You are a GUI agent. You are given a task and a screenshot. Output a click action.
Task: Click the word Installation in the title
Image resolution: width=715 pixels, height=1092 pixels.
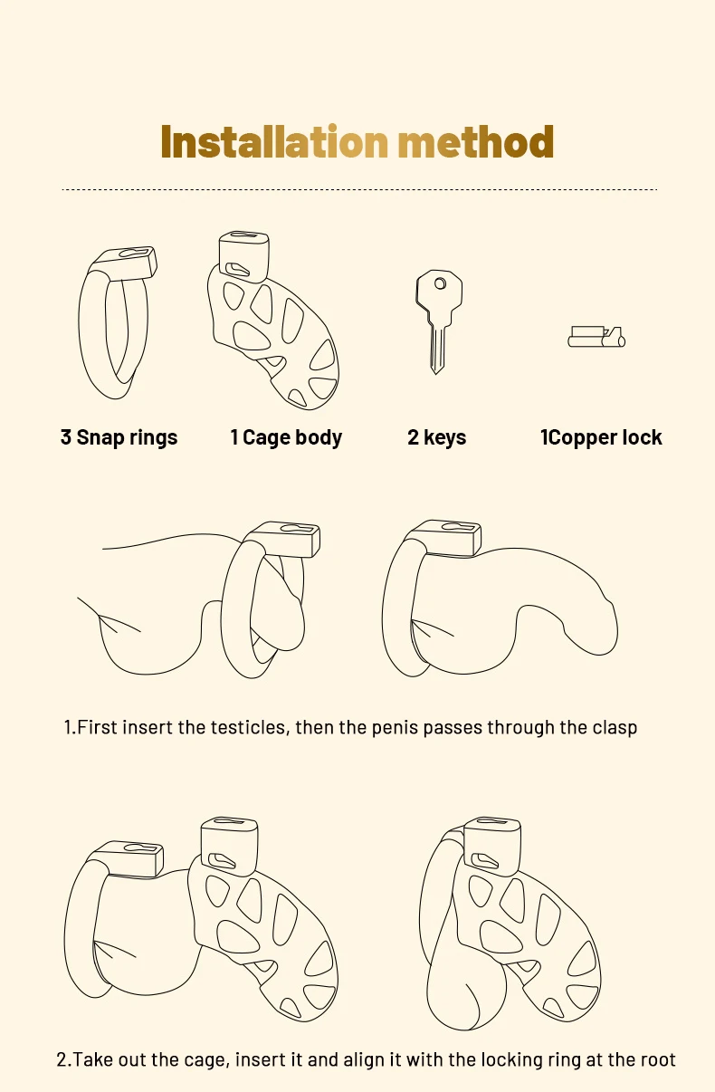(274, 141)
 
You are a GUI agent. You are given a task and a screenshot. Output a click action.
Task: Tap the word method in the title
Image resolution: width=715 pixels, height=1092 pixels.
(476, 141)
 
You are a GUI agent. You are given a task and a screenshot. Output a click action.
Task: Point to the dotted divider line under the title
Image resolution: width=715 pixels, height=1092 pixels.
(359, 189)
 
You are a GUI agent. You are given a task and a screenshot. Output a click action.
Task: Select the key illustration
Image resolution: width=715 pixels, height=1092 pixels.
(439, 321)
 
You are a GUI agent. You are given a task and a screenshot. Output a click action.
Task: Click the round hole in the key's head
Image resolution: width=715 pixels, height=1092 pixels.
(440, 283)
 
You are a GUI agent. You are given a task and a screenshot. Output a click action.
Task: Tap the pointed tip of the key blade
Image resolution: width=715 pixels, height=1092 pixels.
(437, 373)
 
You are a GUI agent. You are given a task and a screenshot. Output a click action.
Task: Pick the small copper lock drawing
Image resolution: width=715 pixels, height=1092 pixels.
(596, 337)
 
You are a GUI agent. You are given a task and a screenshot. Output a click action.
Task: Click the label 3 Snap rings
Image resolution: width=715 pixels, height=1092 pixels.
(119, 437)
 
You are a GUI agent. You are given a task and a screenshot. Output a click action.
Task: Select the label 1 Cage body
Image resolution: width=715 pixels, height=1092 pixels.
(286, 437)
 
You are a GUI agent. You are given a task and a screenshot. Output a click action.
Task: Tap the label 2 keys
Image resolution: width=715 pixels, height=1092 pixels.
(437, 437)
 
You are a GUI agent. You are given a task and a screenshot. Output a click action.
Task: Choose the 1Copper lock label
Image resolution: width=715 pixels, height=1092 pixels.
(601, 437)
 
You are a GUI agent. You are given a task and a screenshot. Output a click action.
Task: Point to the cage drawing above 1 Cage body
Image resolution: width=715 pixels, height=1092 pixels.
(273, 321)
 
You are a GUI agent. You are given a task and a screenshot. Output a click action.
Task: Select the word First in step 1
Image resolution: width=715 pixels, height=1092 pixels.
(98, 727)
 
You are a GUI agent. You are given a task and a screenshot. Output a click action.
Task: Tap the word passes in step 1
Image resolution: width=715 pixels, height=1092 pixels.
(453, 728)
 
